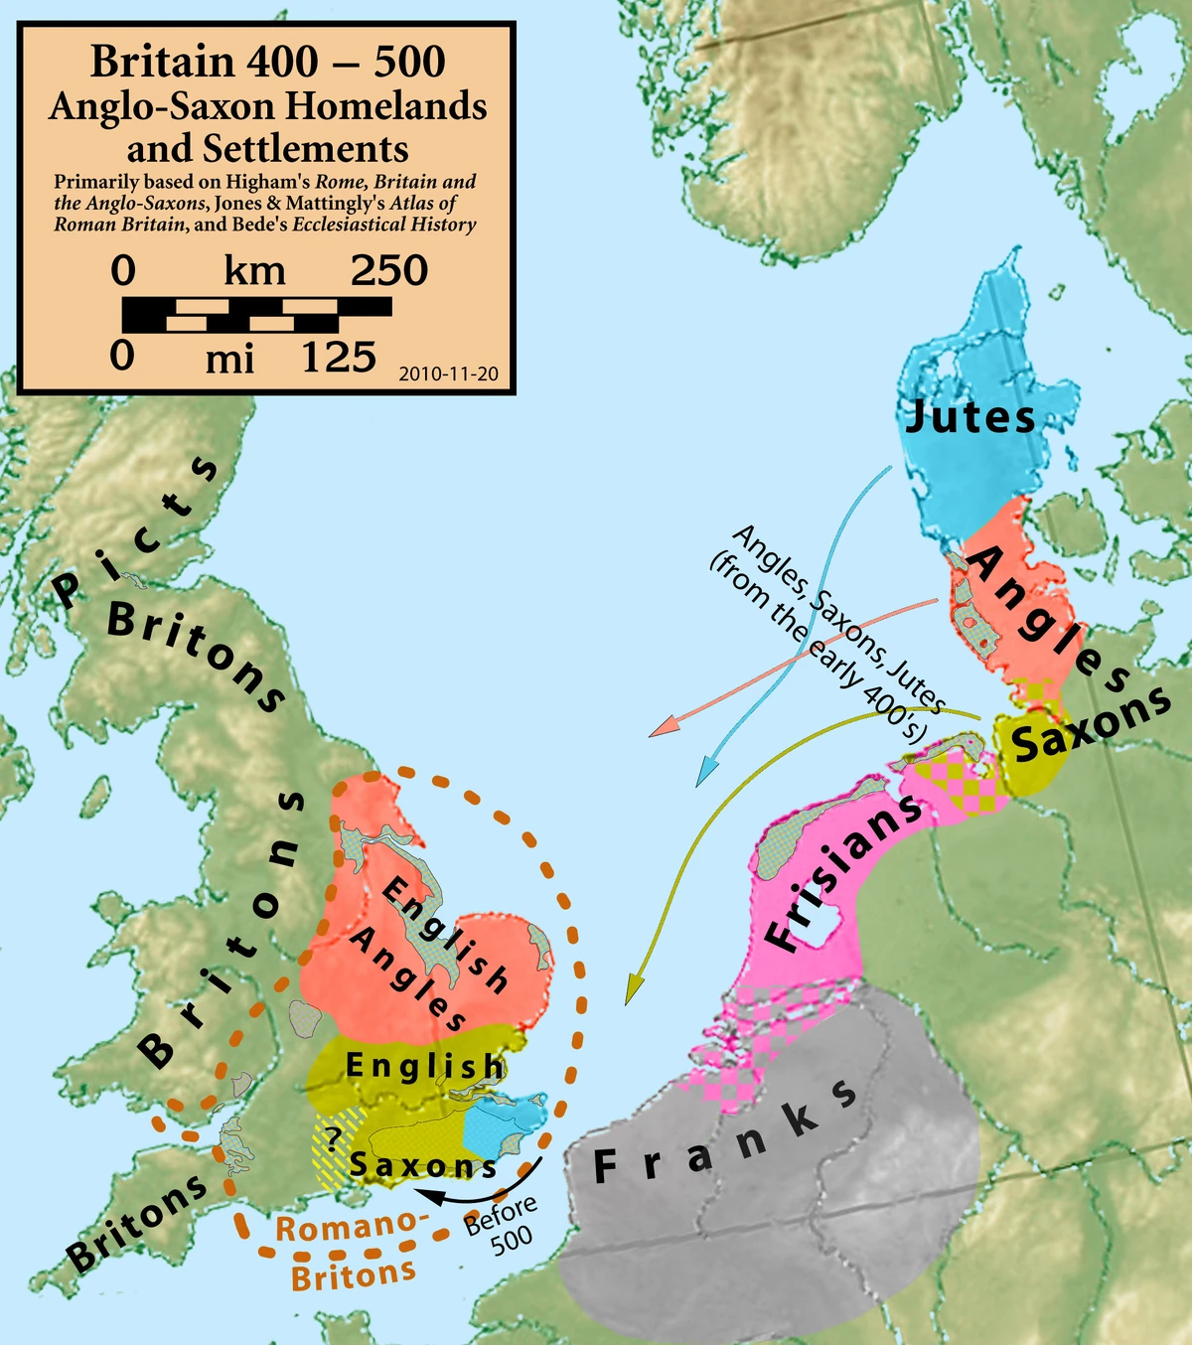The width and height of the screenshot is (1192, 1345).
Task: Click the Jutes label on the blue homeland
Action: click(x=969, y=417)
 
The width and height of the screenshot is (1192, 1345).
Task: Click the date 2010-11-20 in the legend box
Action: click(x=448, y=374)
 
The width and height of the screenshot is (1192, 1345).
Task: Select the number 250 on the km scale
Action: click(x=388, y=270)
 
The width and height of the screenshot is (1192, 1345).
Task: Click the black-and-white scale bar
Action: click(x=256, y=314)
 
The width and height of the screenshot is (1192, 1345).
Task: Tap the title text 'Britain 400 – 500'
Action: click(x=267, y=62)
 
